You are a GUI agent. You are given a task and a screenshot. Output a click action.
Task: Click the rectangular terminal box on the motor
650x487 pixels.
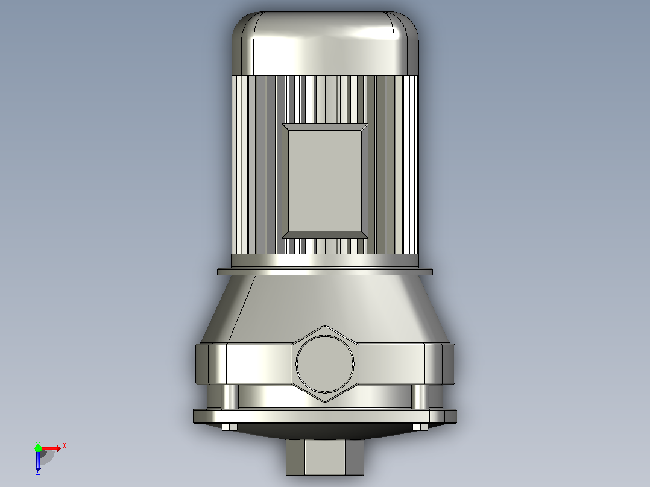coord(324,181)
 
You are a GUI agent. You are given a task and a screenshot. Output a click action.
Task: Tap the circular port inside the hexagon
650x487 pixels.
coord(324,363)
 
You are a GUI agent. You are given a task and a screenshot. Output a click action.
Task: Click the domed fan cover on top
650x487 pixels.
coord(325,43)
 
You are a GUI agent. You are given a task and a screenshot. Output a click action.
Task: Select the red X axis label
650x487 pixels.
coord(65,446)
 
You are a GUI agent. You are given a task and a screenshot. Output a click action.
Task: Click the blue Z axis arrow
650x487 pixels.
coord(38,461)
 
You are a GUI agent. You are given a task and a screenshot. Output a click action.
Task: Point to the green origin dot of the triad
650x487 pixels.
coord(38,448)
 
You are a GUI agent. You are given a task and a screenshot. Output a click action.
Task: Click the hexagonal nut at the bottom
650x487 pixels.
coord(325,457)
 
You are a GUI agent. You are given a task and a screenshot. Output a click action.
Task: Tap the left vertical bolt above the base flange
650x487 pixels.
coord(230,397)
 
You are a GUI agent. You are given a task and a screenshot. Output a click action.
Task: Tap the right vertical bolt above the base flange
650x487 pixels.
coord(420,397)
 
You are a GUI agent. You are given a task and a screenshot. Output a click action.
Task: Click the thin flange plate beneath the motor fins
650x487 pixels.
coord(325,272)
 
